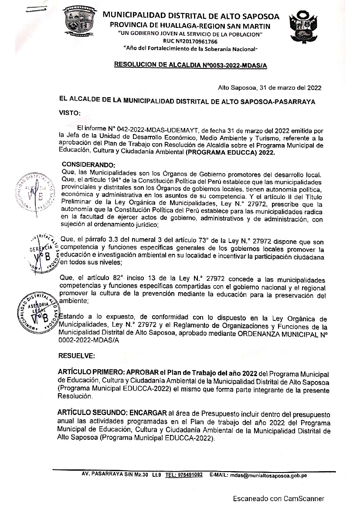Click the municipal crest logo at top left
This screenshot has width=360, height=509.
click(x=79, y=22)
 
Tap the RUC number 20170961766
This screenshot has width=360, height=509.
click(x=190, y=40)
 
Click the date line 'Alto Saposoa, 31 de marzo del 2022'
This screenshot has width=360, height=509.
click(x=269, y=88)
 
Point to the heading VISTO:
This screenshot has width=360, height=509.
click(x=70, y=113)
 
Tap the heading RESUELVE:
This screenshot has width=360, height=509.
click(x=77, y=356)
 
